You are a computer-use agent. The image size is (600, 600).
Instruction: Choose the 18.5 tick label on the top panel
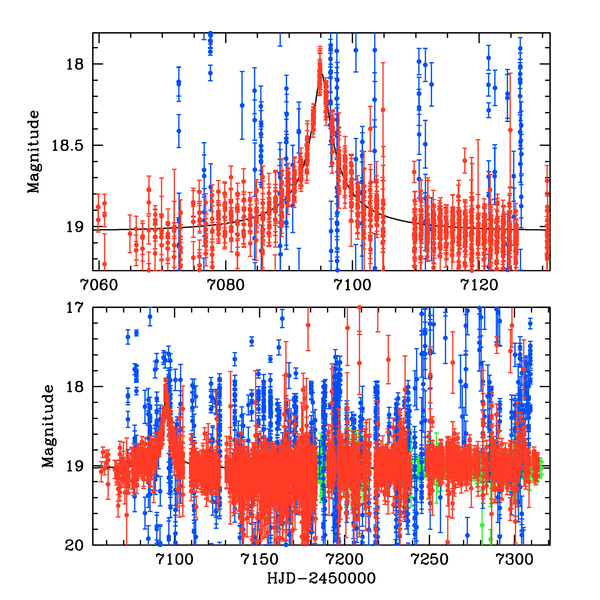pos(68,146)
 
